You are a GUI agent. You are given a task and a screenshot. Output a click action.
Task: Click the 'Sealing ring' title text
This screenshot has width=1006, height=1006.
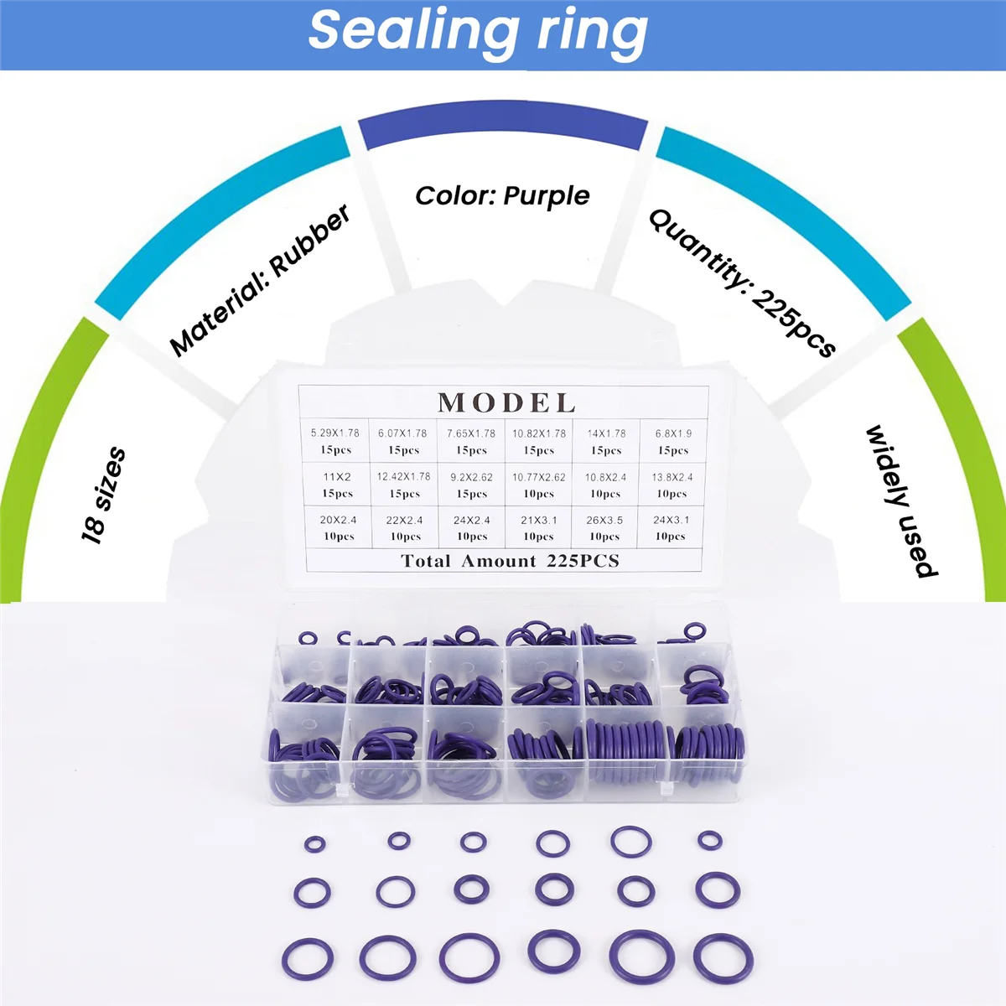tap(478, 32)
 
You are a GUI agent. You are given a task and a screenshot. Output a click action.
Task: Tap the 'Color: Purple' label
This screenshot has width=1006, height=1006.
tap(502, 196)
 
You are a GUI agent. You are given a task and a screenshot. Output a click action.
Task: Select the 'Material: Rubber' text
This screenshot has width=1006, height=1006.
tap(260, 280)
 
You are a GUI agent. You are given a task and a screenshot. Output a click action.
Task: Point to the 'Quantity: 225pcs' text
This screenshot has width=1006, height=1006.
tap(743, 283)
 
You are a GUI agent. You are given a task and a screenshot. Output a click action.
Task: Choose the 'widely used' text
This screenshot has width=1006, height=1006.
tap(901, 501)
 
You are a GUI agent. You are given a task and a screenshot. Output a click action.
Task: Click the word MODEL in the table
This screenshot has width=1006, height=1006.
tap(506, 402)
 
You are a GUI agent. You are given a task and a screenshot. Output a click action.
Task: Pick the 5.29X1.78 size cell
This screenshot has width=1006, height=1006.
tap(335, 441)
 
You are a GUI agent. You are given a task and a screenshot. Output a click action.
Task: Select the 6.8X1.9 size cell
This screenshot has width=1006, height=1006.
tap(673, 441)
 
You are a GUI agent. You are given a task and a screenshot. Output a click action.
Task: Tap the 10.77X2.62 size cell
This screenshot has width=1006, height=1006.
tap(539, 485)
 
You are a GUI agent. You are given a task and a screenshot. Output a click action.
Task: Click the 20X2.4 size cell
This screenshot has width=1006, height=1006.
tap(338, 527)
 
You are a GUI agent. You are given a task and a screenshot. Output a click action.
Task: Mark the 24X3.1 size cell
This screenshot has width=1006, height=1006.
tap(671, 527)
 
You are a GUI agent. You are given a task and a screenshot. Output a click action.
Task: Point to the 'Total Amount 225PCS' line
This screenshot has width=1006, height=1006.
tap(510, 561)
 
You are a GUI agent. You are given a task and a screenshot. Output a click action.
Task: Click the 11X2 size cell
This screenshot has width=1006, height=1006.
tap(337, 485)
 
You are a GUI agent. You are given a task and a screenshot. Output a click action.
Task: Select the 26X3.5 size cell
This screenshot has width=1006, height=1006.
tap(604, 527)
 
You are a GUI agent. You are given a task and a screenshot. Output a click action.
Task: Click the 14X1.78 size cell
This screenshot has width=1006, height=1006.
tap(606, 441)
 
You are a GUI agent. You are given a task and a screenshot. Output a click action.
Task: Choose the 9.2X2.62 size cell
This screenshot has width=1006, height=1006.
tap(472, 485)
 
